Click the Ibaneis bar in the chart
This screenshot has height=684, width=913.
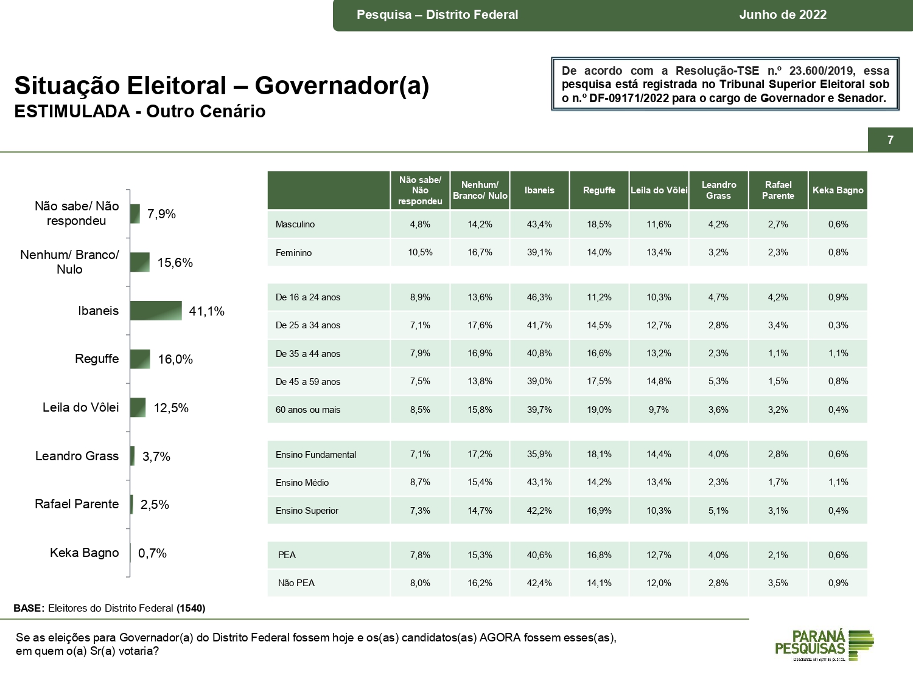click(x=156, y=311)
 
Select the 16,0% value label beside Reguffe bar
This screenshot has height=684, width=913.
click(x=175, y=359)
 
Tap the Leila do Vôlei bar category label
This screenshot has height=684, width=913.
click(x=80, y=407)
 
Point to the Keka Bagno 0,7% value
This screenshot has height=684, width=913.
click(x=152, y=553)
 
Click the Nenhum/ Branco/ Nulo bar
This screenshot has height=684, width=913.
click(x=139, y=262)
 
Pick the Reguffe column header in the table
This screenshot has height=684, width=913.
click(x=599, y=190)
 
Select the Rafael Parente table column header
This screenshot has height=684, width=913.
click(x=778, y=190)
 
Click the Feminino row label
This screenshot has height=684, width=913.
click(x=293, y=253)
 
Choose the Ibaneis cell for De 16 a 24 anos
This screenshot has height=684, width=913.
click(x=539, y=297)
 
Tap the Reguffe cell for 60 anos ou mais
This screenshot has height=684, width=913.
click(x=599, y=410)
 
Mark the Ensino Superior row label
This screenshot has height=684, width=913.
click(x=307, y=511)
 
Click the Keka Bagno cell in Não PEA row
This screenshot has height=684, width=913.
click(x=838, y=583)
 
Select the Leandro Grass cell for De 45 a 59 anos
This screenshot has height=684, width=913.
click(x=718, y=381)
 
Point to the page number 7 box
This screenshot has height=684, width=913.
click(x=890, y=140)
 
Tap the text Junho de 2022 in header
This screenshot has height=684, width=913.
click(x=783, y=15)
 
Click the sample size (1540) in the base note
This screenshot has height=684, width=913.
click(x=191, y=608)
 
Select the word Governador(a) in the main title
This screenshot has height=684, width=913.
click(x=342, y=86)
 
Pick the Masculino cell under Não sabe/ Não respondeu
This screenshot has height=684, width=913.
click(x=420, y=224)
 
